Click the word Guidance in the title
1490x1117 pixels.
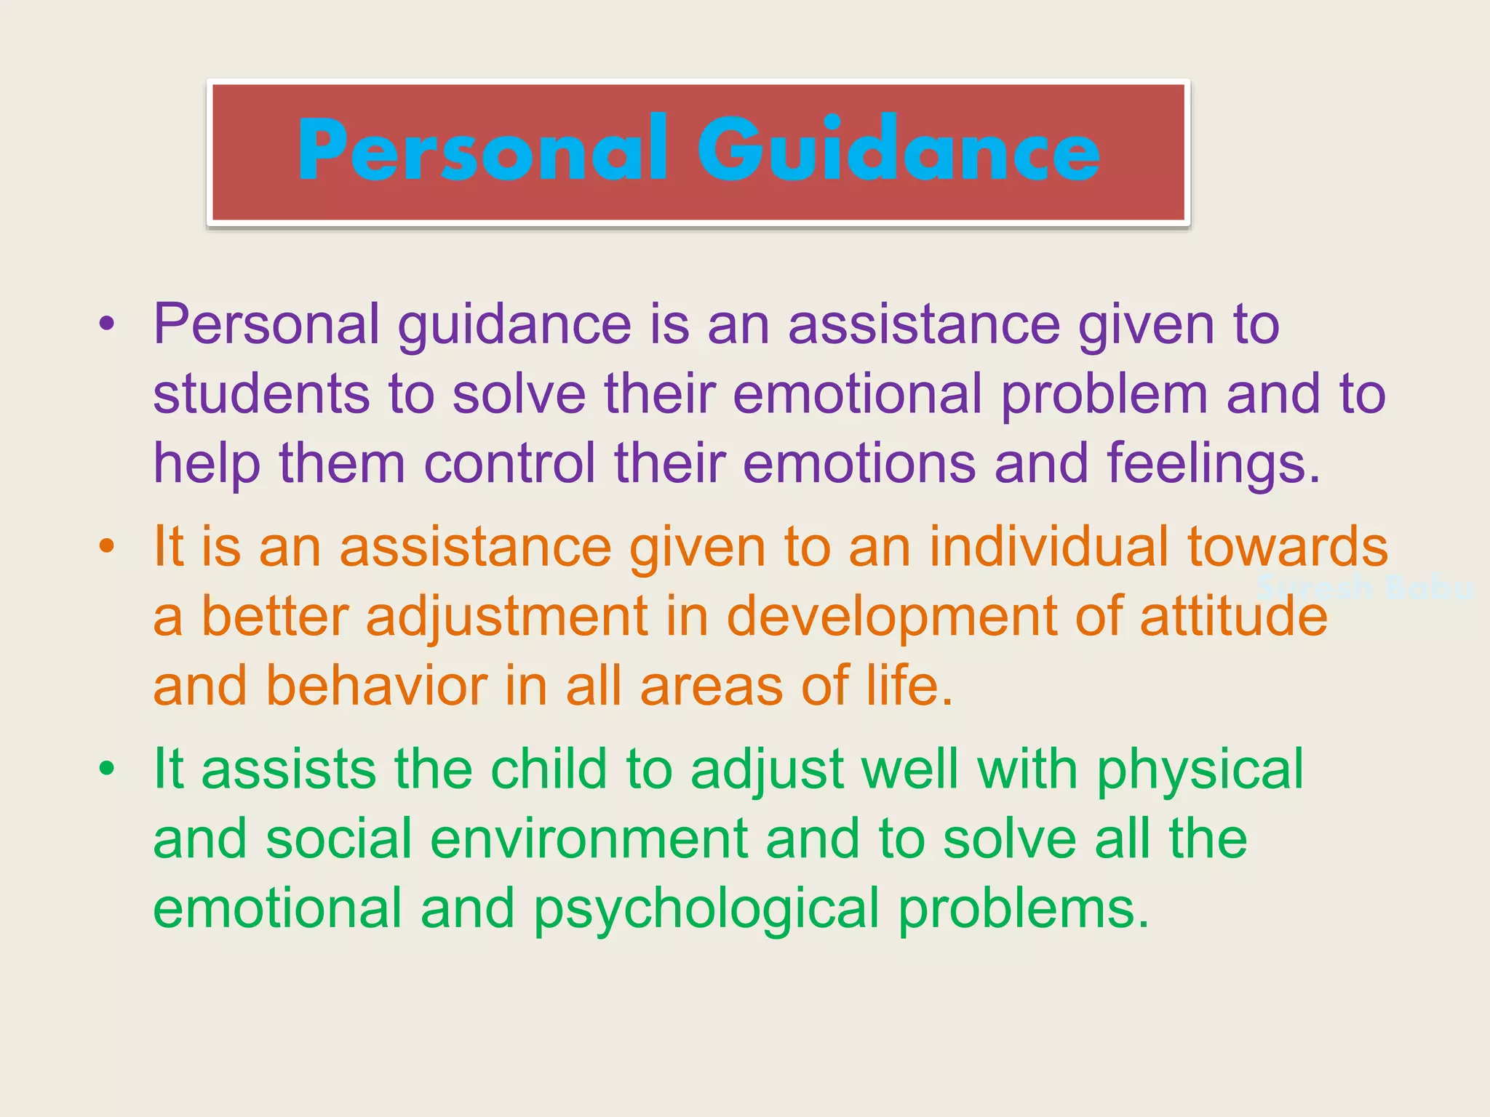[899, 151]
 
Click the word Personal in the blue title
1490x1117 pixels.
[482, 151]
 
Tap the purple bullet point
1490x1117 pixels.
[107, 324]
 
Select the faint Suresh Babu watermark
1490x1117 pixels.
[1365, 587]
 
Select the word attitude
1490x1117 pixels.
[1233, 616]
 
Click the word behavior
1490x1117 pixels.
[377, 686]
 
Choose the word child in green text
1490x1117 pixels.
[548, 769]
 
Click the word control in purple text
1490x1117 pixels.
[509, 464]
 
